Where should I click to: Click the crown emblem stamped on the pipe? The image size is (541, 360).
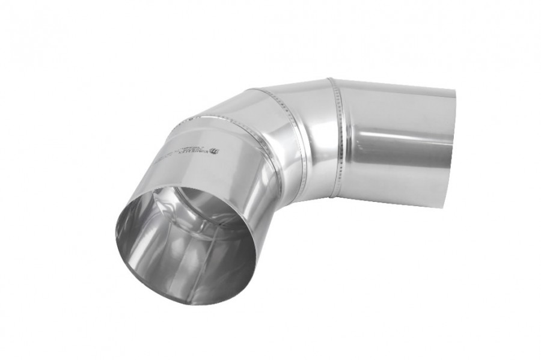pos(215,151)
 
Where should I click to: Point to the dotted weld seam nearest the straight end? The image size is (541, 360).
pos(334,138)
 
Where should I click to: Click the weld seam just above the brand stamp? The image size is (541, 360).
pos(222,120)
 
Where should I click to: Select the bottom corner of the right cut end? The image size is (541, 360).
pos(445,208)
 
